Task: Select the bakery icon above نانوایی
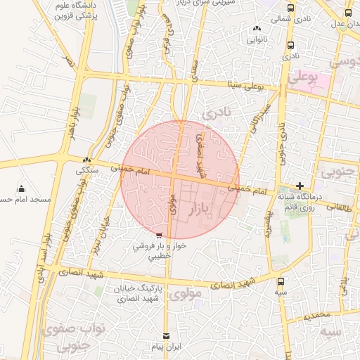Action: coord(256,29)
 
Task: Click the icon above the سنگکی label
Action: coord(87,160)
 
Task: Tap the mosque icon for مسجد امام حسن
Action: coord(21,188)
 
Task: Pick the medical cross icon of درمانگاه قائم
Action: coord(300,186)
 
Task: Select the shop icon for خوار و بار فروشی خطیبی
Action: coord(159,236)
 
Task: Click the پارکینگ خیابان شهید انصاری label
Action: coord(138,294)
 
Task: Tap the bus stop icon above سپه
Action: coord(281,278)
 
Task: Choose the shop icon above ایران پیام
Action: coord(167,336)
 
